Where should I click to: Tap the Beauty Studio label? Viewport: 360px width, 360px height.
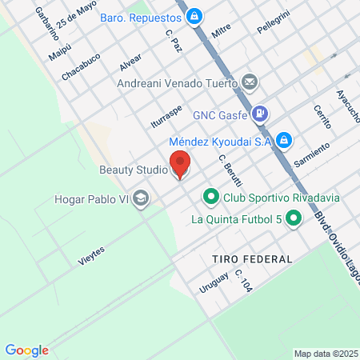[133, 170]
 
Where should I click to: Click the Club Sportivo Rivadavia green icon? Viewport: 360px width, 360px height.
[211, 196]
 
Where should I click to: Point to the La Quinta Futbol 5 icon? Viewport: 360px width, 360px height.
[294, 217]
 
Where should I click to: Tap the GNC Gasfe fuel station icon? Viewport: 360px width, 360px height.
[259, 114]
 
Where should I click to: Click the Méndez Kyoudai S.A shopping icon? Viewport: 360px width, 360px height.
[282, 141]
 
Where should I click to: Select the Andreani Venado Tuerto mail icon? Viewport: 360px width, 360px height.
[250, 82]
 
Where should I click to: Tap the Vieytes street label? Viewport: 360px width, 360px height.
[91, 254]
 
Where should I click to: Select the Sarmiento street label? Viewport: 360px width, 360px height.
[312, 153]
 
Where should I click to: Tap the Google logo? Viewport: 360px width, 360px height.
[27, 350]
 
